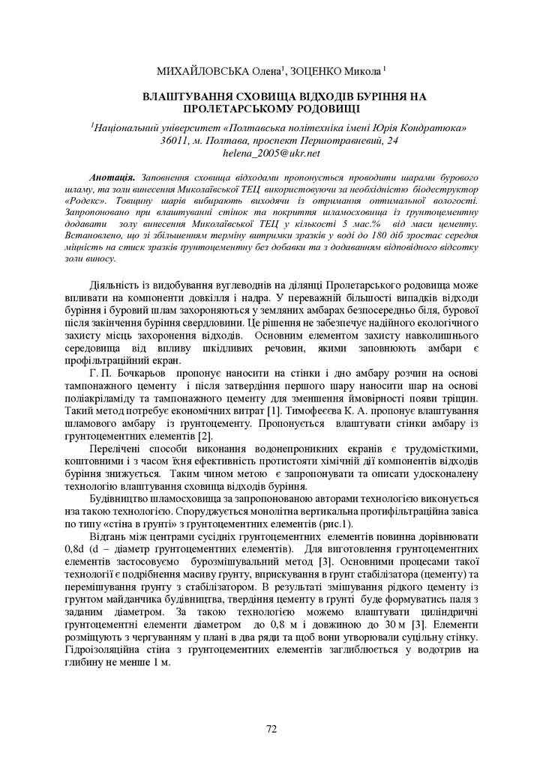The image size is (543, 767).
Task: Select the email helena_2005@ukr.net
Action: (x=271, y=153)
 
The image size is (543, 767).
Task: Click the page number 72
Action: (x=271, y=727)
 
